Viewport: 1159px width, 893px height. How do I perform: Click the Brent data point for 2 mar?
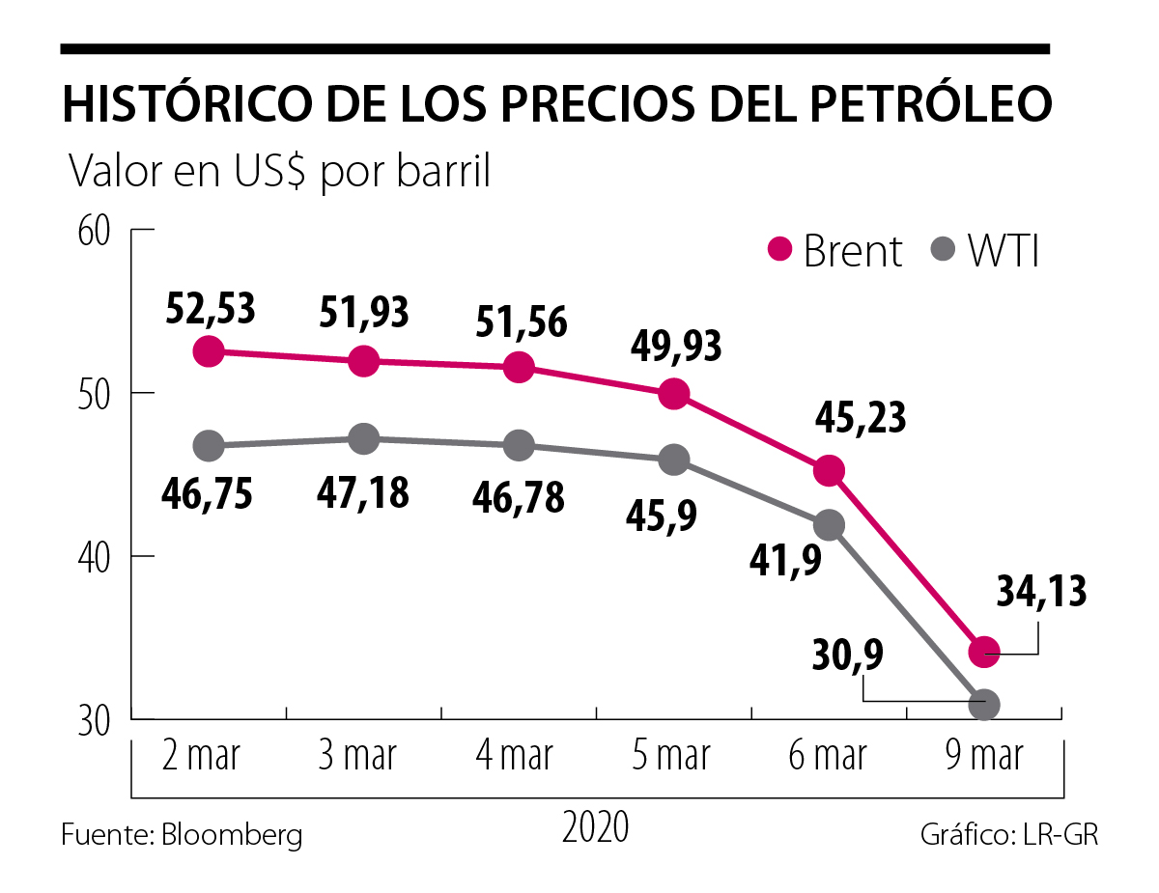(209, 351)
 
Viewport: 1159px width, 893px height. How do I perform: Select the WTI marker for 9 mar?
(984, 705)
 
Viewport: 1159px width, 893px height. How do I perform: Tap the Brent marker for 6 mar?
(829, 471)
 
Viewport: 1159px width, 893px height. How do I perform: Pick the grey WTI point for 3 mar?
(363, 439)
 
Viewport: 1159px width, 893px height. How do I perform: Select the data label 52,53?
(211, 308)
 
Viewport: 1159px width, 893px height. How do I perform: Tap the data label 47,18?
(363, 492)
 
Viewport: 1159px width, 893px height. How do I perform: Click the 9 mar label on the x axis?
(983, 755)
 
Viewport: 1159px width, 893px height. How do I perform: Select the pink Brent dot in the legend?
(779, 249)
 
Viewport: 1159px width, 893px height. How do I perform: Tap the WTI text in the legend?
(1004, 251)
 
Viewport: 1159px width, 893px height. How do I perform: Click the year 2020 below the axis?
(595, 828)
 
